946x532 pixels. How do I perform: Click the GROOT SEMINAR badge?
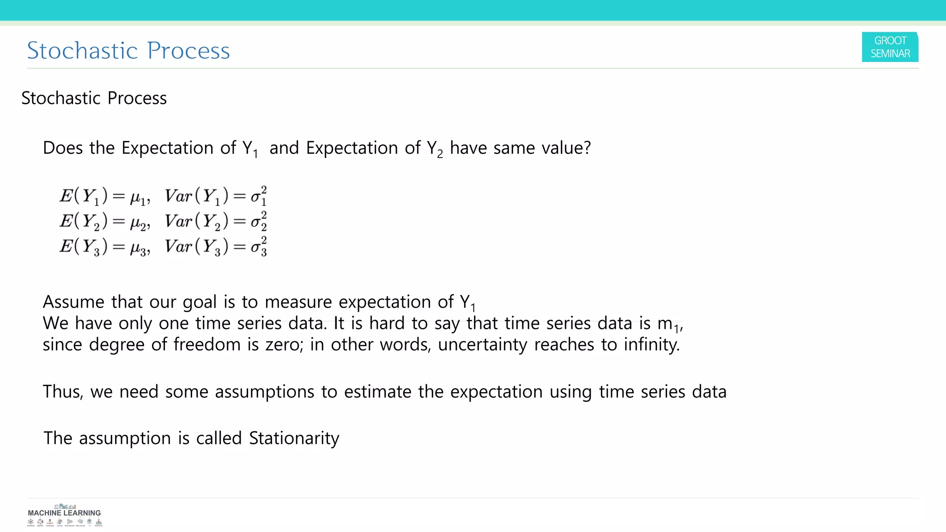(x=890, y=47)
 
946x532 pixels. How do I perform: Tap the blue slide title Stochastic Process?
(x=128, y=50)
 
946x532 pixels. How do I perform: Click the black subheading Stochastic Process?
(x=94, y=98)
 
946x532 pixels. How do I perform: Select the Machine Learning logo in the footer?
(x=64, y=515)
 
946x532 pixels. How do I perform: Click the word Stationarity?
(x=294, y=438)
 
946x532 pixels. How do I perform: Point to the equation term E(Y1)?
(x=83, y=196)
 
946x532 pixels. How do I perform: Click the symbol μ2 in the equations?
(x=139, y=223)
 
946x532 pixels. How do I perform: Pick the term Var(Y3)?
(x=196, y=247)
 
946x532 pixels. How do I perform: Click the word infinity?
(x=651, y=345)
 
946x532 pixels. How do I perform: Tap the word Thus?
(x=63, y=392)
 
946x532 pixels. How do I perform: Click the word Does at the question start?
(x=63, y=148)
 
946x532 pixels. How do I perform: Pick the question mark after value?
(x=587, y=148)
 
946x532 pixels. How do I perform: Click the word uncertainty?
(x=482, y=345)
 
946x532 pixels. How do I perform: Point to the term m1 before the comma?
(x=668, y=325)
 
